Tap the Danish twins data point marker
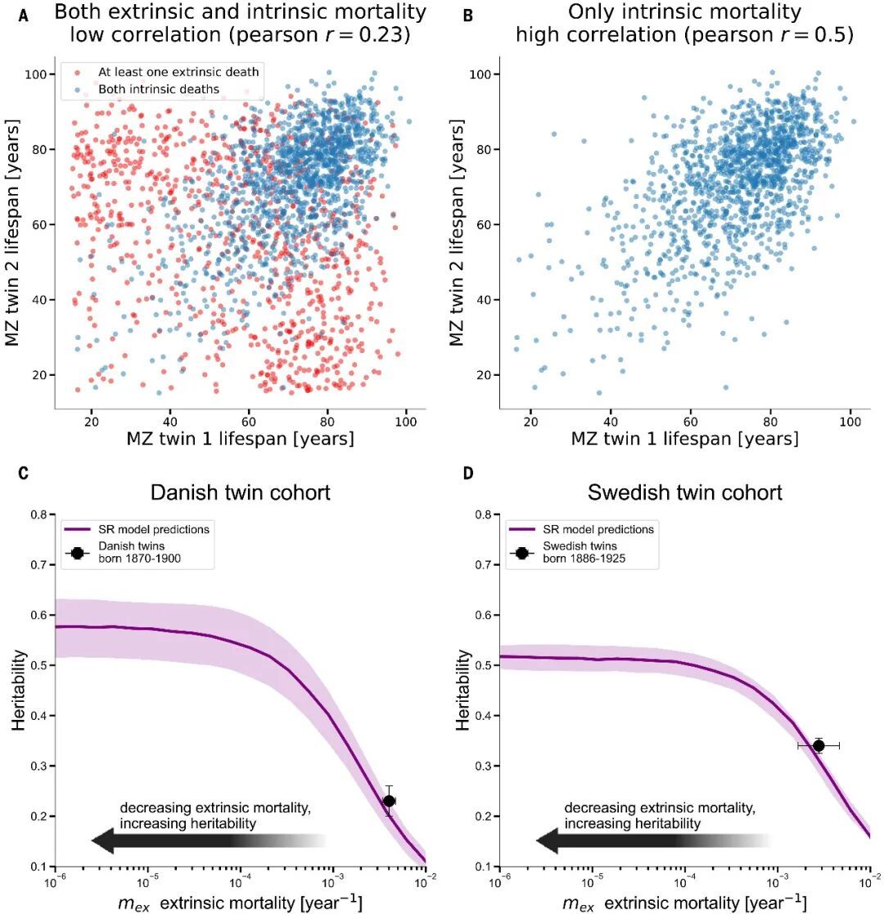[x=389, y=801]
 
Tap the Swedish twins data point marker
[x=818, y=745]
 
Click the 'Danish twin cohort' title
[x=240, y=493]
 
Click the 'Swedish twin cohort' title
[x=684, y=493]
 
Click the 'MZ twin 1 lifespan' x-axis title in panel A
[x=240, y=438]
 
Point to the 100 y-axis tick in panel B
[x=481, y=75]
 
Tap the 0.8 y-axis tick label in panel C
[x=38, y=514]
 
